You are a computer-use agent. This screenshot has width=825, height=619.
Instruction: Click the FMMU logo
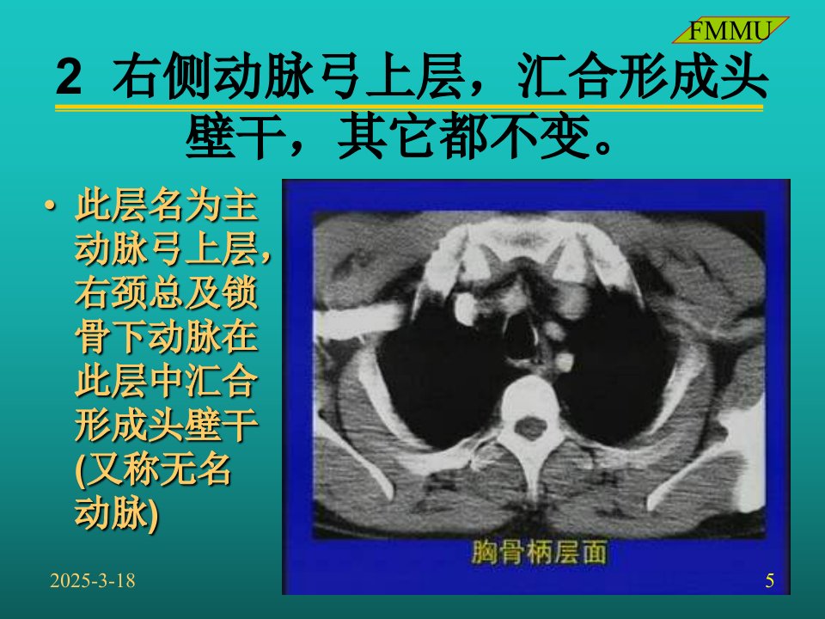pos(730,31)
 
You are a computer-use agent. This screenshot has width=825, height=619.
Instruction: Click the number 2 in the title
pos(69,77)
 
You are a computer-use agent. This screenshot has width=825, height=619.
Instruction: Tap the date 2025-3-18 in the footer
pos(93,580)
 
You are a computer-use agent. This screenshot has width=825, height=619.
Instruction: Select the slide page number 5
pos(770,580)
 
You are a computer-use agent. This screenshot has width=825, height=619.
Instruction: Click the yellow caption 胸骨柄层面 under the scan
pos(539,552)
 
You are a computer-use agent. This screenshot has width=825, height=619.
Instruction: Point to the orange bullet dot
pos(50,205)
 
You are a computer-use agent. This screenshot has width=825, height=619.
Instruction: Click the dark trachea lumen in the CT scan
pos(521,336)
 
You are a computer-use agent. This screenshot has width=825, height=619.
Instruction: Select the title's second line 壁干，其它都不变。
pos(399,137)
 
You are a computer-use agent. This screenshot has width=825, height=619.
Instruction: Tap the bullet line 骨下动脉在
pos(166,336)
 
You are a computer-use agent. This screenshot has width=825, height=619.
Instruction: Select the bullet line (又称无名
pos(153,469)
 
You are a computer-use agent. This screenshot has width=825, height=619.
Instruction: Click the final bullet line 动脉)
pos(116,512)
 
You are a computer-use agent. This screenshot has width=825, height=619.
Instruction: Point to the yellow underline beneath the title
pos(409,108)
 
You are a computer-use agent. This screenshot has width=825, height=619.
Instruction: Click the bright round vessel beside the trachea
pos(466,309)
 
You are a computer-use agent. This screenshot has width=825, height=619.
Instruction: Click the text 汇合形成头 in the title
pos(643,77)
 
